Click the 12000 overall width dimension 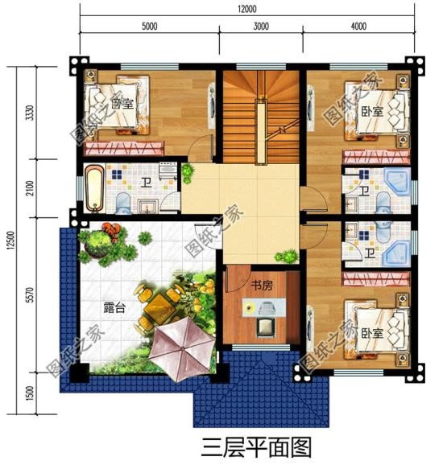coord(246,9)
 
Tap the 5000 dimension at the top coord(149,27)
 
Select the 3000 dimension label coord(260,27)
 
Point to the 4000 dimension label coord(359,27)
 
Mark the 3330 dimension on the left coord(30,113)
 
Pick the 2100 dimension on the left coord(30,189)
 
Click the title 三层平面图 coord(246,445)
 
